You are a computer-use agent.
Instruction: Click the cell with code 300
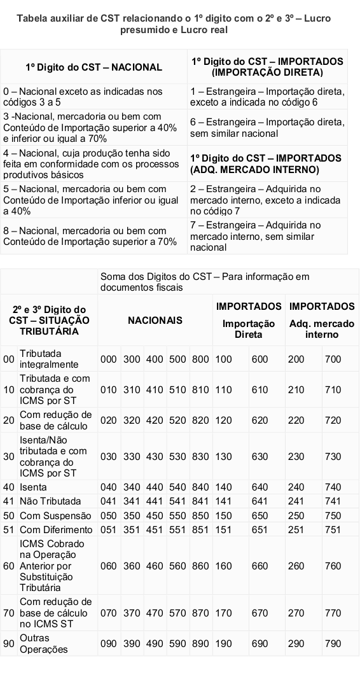(x=131, y=359)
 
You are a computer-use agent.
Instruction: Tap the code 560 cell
(x=176, y=565)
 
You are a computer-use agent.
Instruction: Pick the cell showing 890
(x=200, y=643)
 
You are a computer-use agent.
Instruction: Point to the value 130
(x=223, y=456)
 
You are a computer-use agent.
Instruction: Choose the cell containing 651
(x=260, y=529)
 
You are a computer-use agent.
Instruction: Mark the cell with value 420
(x=154, y=421)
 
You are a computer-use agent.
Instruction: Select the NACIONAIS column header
(x=155, y=320)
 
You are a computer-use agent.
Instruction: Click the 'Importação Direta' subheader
(x=249, y=329)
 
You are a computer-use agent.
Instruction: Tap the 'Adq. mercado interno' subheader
(x=322, y=329)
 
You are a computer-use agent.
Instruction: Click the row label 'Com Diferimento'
(x=56, y=529)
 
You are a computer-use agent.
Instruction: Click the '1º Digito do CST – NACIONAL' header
(x=93, y=67)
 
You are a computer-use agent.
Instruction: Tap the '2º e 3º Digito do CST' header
(x=50, y=320)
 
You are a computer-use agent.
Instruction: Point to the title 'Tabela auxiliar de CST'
(x=174, y=24)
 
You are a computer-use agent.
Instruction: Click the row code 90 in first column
(x=8, y=643)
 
